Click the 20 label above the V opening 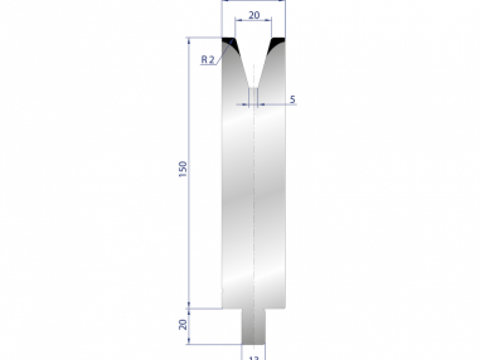254,15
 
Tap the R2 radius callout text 208,60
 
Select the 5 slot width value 292,100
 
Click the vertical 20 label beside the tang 183,325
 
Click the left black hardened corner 230,42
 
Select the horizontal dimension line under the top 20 253,19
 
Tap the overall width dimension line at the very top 253,1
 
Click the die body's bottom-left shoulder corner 222,308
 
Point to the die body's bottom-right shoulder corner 285,308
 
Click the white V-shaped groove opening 253,56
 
